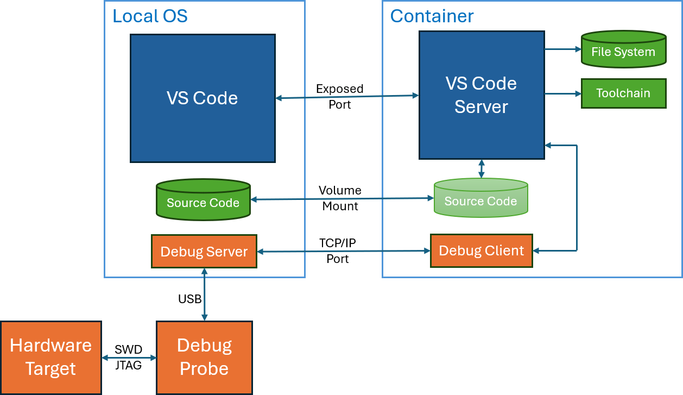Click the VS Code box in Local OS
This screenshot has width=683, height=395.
pyautogui.click(x=203, y=98)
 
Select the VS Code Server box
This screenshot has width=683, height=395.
pyautogui.click(x=481, y=95)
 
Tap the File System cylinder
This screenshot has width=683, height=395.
pyautogui.click(x=623, y=49)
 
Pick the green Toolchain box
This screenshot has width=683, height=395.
pyautogui.click(x=623, y=93)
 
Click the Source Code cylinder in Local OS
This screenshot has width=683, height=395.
pyautogui.click(x=203, y=200)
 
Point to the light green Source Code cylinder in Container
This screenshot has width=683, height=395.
pyautogui.click(x=480, y=199)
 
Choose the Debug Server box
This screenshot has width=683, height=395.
pyautogui.click(x=204, y=252)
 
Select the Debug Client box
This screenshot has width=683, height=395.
pyautogui.click(x=481, y=250)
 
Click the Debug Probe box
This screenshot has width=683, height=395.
pyautogui.click(x=204, y=358)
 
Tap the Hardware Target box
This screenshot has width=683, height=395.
pyautogui.click(x=50, y=358)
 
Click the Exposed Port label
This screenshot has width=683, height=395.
pyautogui.click(x=340, y=96)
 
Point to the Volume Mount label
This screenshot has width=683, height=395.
pyautogui.click(x=340, y=198)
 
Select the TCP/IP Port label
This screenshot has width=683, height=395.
pyautogui.click(x=338, y=251)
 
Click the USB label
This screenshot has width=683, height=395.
pyautogui.click(x=190, y=299)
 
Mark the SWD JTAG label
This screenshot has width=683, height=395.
pyautogui.click(x=129, y=358)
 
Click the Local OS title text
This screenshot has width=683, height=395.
pyautogui.click(x=150, y=16)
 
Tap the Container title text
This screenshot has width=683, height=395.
pyautogui.click(x=432, y=16)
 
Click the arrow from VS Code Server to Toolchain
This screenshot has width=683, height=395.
pyautogui.click(x=562, y=94)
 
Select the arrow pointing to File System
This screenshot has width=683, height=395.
pyautogui.click(x=562, y=49)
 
